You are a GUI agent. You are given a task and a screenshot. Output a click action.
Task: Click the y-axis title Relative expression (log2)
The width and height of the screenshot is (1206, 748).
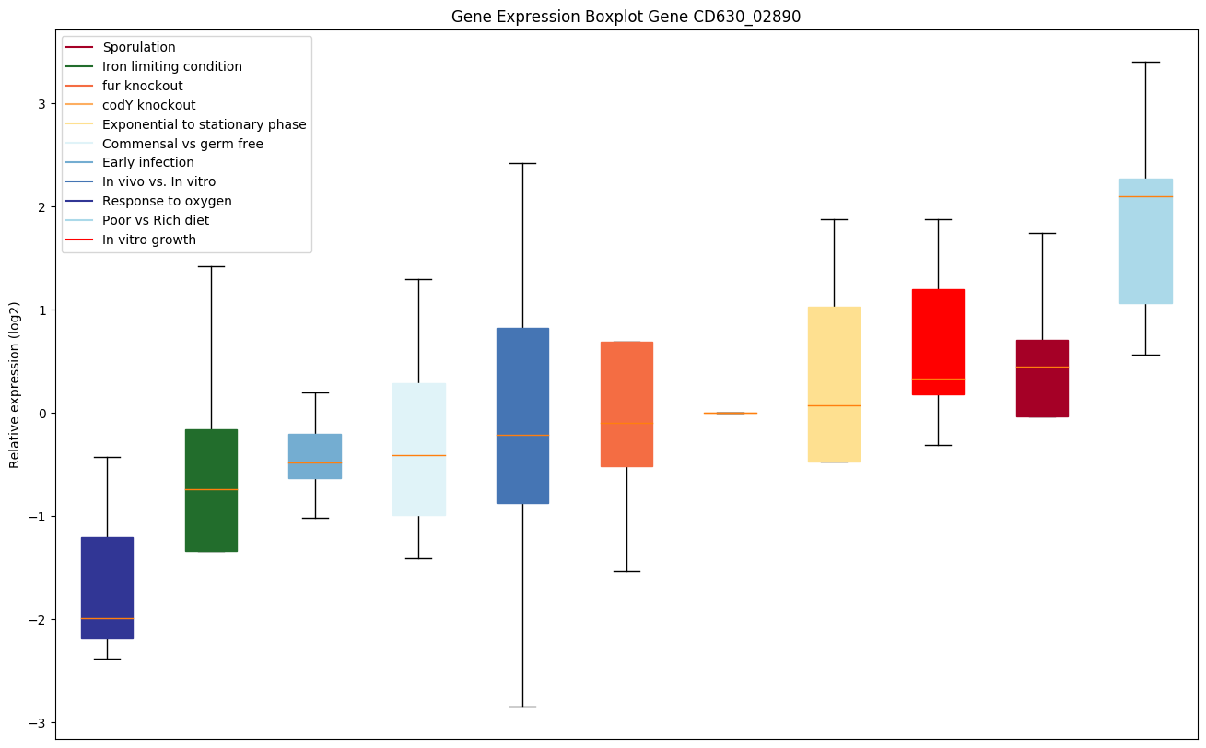click(15, 384)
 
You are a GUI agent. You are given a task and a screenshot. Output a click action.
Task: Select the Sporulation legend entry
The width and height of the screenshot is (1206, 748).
click(139, 47)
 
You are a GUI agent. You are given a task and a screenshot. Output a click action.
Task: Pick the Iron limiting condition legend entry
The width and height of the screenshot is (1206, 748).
click(172, 66)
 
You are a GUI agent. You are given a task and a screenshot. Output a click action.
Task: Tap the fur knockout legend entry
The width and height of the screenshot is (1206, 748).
click(143, 86)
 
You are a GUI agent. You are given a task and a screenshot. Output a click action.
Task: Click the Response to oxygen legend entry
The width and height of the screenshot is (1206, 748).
click(167, 201)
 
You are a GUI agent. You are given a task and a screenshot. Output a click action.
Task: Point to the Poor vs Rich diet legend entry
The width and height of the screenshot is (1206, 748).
click(156, 220)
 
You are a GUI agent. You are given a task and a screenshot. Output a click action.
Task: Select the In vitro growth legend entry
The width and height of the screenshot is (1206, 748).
click(149, 240)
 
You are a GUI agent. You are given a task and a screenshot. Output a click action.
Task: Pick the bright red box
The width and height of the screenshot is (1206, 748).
click(938, 342)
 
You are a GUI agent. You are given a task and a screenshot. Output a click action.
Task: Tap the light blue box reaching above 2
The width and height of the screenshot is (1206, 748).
click(1146, 240)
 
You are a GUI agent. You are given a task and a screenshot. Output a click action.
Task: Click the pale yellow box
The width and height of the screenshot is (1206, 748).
click(834, 384)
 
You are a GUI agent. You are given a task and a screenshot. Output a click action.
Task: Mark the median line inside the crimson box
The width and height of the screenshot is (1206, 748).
click(1042, 367)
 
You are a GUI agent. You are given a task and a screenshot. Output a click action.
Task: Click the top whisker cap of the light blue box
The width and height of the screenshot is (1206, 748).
click(1146, 62)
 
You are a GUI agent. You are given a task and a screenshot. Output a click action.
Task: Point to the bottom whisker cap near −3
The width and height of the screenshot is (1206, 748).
click(522, 707)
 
